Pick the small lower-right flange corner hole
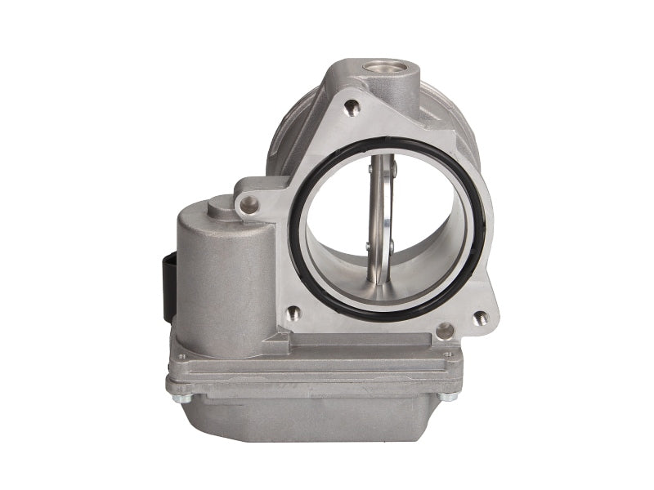(481, 316)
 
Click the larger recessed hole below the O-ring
(445, 330)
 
